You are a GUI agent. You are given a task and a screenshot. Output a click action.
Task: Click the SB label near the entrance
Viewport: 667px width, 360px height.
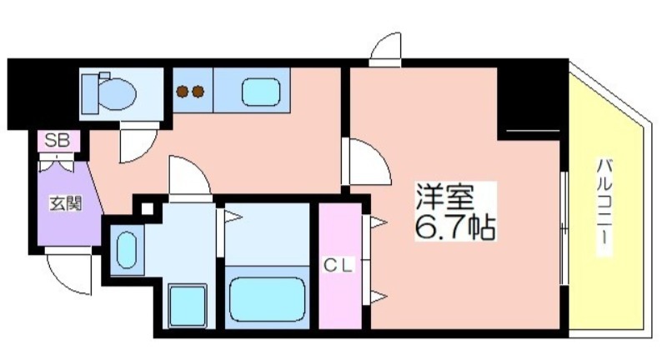pos(58,140)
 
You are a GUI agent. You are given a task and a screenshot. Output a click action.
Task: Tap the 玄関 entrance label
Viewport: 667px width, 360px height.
pos(66,204)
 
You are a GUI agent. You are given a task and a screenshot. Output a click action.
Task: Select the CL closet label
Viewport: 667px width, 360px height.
pos(339,266)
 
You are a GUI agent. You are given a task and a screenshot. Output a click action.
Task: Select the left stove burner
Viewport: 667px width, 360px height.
pos(183,92)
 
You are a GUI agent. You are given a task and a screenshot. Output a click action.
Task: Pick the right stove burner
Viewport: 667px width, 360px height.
pos(198,92)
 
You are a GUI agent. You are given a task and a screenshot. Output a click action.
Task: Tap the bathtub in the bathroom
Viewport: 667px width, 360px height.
pos(267,298)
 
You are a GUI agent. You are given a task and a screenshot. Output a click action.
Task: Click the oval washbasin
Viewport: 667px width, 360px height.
pos(127,250)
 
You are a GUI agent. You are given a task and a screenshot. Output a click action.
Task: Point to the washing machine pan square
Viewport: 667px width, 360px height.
pos(188,306)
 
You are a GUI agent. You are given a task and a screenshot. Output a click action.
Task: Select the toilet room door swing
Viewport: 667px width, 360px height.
pos(139,142)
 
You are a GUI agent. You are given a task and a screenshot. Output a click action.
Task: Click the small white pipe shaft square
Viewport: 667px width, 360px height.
pos(148,209)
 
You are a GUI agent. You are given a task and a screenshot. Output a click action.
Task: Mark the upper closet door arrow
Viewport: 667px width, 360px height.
pos(379,222)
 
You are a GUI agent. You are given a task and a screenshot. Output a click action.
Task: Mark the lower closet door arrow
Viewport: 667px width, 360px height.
pos(379,297)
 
